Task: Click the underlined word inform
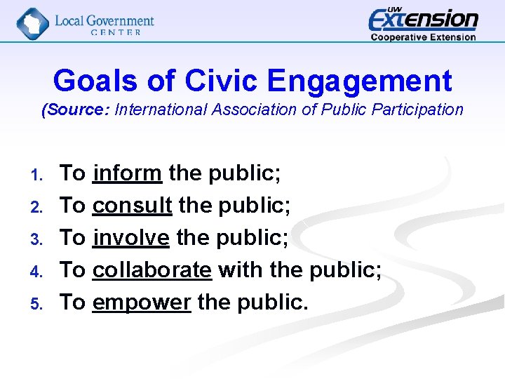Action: click(x=127, y=173)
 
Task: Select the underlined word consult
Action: click(x=132, y=205)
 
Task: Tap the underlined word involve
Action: click(x=130, y=237)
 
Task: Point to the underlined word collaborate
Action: click(x=151, y=270)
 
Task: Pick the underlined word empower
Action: click(x=141, y=302)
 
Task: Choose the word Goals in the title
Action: click(x=95, y=81)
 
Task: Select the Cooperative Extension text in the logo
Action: click(x=423, y=37)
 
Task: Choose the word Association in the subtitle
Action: click(x=255, y=109)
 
